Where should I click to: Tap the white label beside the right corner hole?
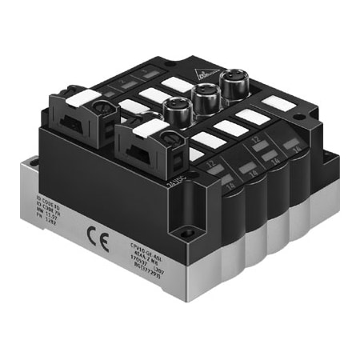click(275, 102)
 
